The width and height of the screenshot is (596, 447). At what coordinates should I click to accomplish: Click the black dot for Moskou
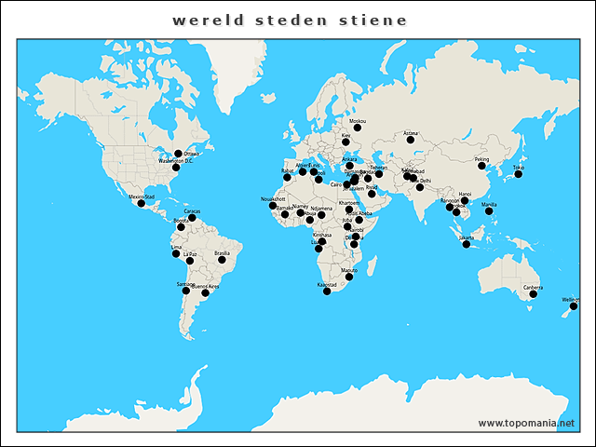point(357,128)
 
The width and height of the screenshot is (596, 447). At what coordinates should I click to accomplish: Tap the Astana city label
point(412,133)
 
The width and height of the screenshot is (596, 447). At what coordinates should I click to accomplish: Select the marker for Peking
point(482,166)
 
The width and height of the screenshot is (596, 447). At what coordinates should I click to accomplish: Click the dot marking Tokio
point(519,174)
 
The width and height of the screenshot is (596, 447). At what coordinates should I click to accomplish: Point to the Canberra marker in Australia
point(534,294)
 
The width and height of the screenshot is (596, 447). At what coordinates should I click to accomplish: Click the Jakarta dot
point(467,244)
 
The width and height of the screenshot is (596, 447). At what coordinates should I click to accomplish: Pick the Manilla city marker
point(489,211)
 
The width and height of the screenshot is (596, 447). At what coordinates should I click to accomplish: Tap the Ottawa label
point(192,153)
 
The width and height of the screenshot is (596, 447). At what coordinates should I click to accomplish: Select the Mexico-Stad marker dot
point(142,203)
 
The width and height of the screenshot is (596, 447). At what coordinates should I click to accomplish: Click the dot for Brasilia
point(222,260)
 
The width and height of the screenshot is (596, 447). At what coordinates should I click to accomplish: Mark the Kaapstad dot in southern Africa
point(327,291)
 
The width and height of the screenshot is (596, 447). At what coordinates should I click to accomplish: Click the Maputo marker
point(349,277)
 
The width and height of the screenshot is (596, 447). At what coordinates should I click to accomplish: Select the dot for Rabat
point(287,177)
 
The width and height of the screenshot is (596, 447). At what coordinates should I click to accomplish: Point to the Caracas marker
point(192,218)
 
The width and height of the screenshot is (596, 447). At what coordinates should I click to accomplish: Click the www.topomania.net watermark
point(526,423)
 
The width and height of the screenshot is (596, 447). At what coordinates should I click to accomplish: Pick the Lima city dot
point(175,253)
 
